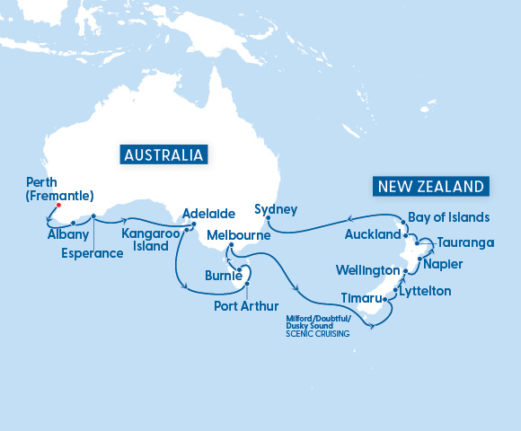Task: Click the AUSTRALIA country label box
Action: click(x=164, y=154)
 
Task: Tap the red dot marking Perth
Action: click(x=58, y=204)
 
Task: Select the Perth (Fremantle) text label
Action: click(x=56, y=185)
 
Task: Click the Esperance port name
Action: click(x=93, y=253)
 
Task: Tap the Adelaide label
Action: click(x=208, y=215)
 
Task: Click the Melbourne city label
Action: click(x=240, y=234)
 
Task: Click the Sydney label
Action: click(x=276, y=209)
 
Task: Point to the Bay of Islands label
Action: click(x=448, y=217)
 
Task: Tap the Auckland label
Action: click(x=372, y=234)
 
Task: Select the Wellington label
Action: click(x=367, y=270)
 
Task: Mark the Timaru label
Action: click(x=361, y=296)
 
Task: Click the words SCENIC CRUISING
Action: click(x=317, y=334)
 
